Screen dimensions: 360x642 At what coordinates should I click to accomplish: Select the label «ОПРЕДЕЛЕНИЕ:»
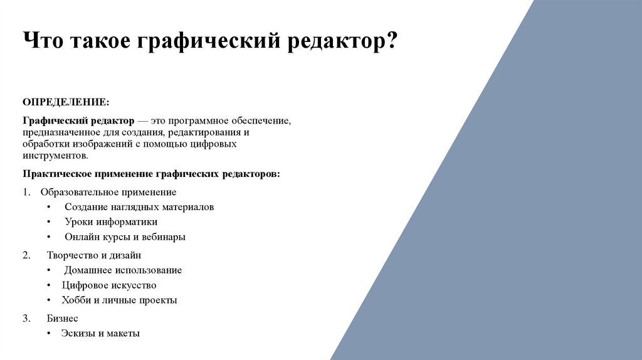click(x=66, y=102)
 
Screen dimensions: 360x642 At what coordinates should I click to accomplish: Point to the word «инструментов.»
click(x=56, y=156)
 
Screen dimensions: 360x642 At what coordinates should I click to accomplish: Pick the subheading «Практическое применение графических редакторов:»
click(x=152, y=173)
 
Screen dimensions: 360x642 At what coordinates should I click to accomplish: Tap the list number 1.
click(x=26, y=192)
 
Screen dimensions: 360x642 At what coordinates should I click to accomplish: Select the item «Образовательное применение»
click(x=108, y=192)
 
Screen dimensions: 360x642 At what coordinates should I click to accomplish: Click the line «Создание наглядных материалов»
click(x=139, y=206)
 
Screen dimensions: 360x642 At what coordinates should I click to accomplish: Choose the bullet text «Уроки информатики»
click(x=111, y=221)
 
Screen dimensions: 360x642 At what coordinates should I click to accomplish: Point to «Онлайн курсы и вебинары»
click(x=125, y=237)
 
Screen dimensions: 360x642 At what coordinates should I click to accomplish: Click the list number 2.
click(x=26, y=255)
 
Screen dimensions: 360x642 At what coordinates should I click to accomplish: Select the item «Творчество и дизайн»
click(x=93, y=255)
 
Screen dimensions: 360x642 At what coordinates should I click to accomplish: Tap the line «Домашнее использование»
click(x=123, y=270)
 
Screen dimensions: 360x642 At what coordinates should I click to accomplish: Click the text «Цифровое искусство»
click(x=109, y=285)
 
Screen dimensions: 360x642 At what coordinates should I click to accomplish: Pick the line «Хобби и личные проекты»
click(x=119, y=300)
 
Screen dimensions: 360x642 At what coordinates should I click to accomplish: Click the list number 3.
click(x=26, y=319)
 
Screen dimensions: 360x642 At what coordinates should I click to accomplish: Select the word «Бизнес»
click(x=62, y=319)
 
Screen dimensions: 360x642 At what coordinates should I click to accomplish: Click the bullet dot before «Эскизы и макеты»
click(x=49, y=334)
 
